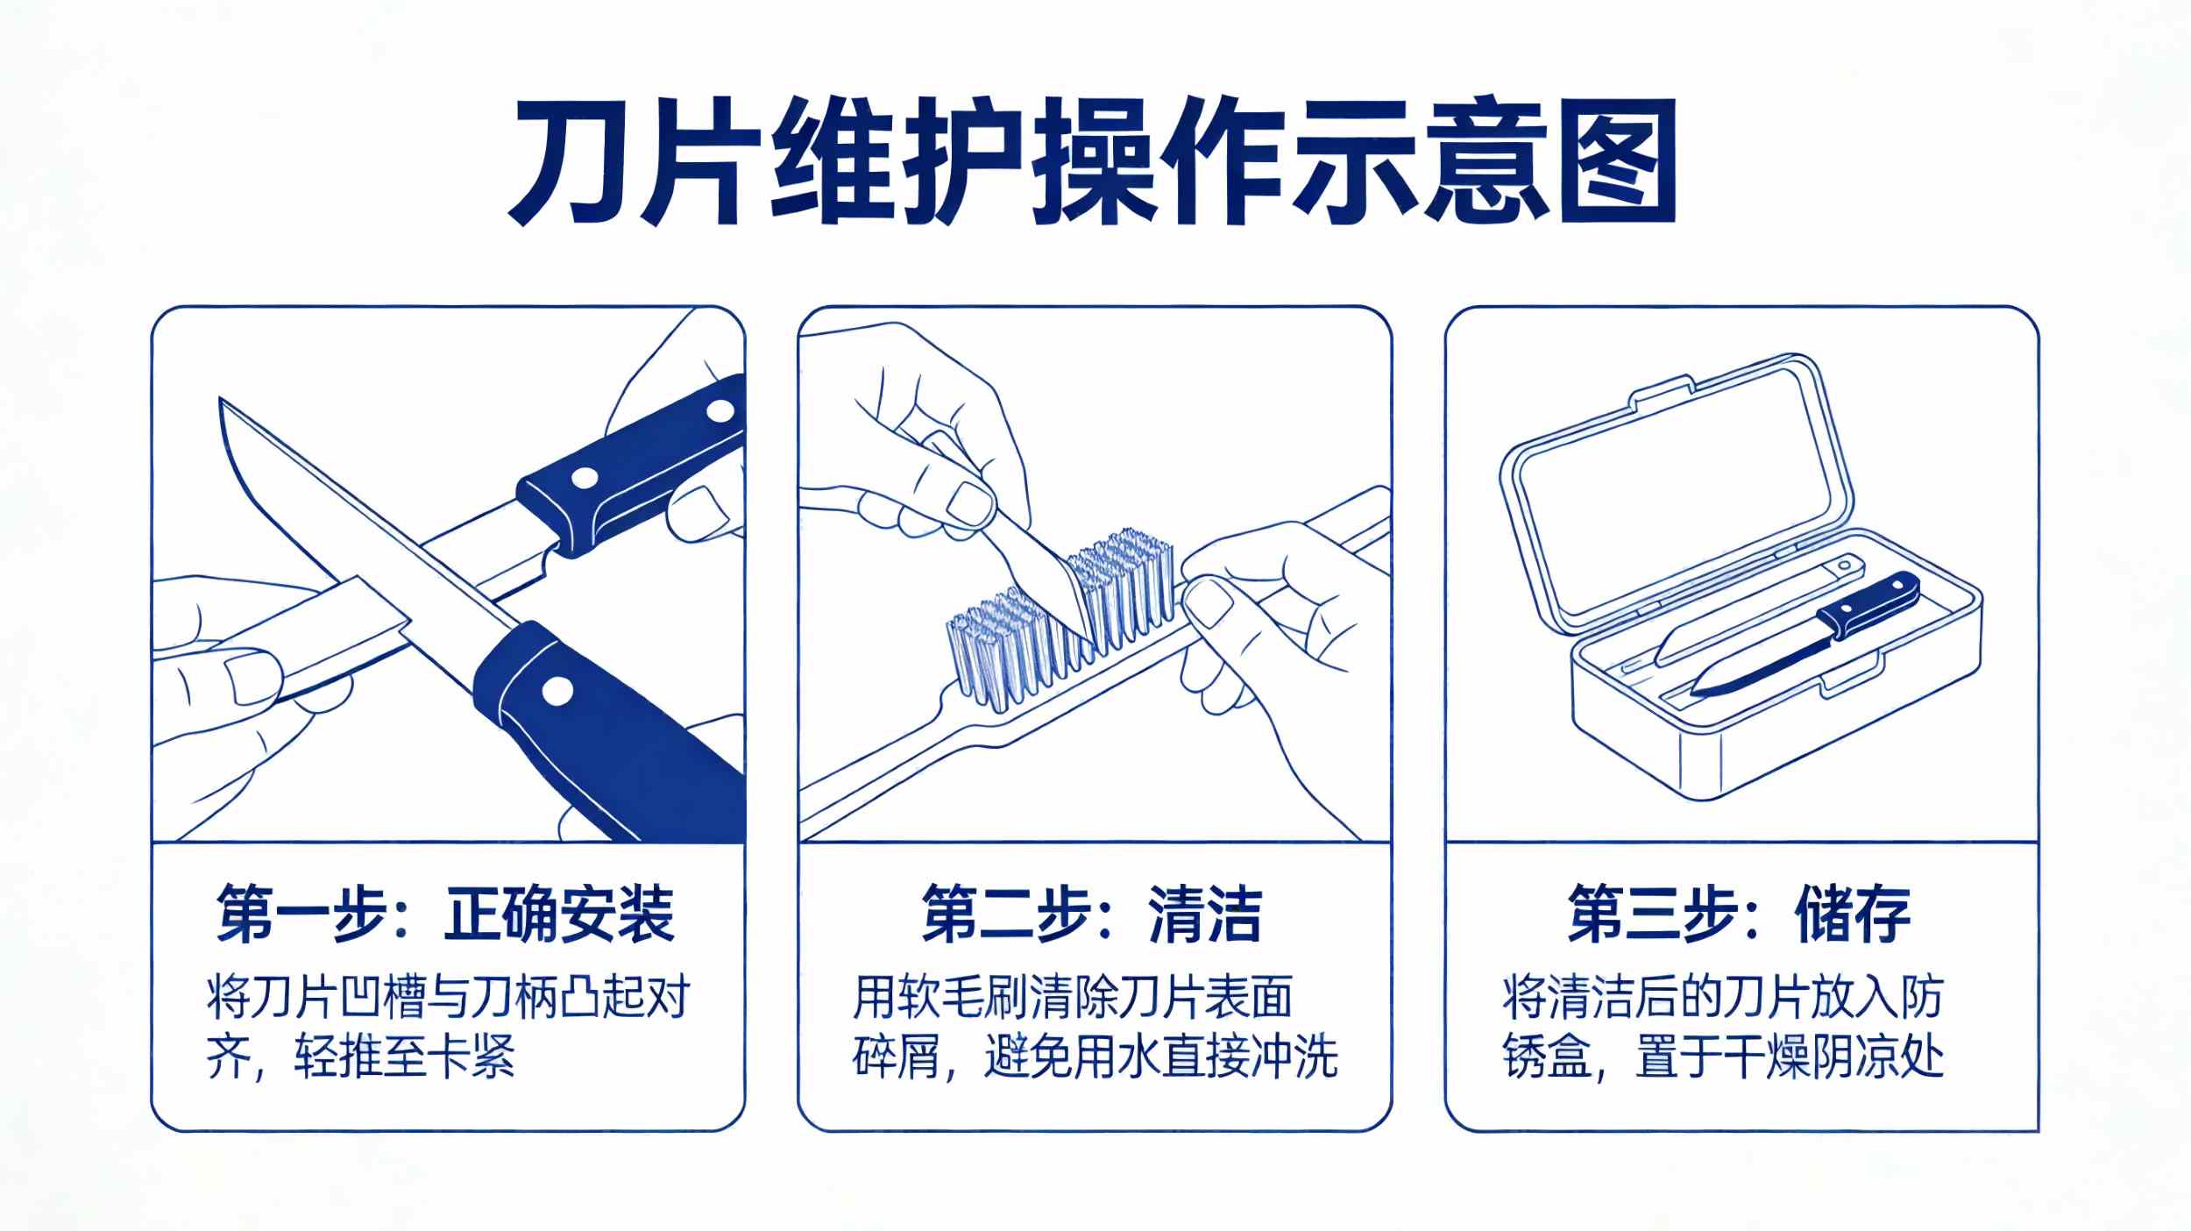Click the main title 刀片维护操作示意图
(x=1093, y=163)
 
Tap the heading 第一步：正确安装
(x=446, y=914)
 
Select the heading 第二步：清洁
(x=1092, y=914)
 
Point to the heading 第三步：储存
(x=1740, y=914)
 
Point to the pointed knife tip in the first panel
(x=221, y=402)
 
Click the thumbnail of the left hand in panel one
(x=254, y=676)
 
